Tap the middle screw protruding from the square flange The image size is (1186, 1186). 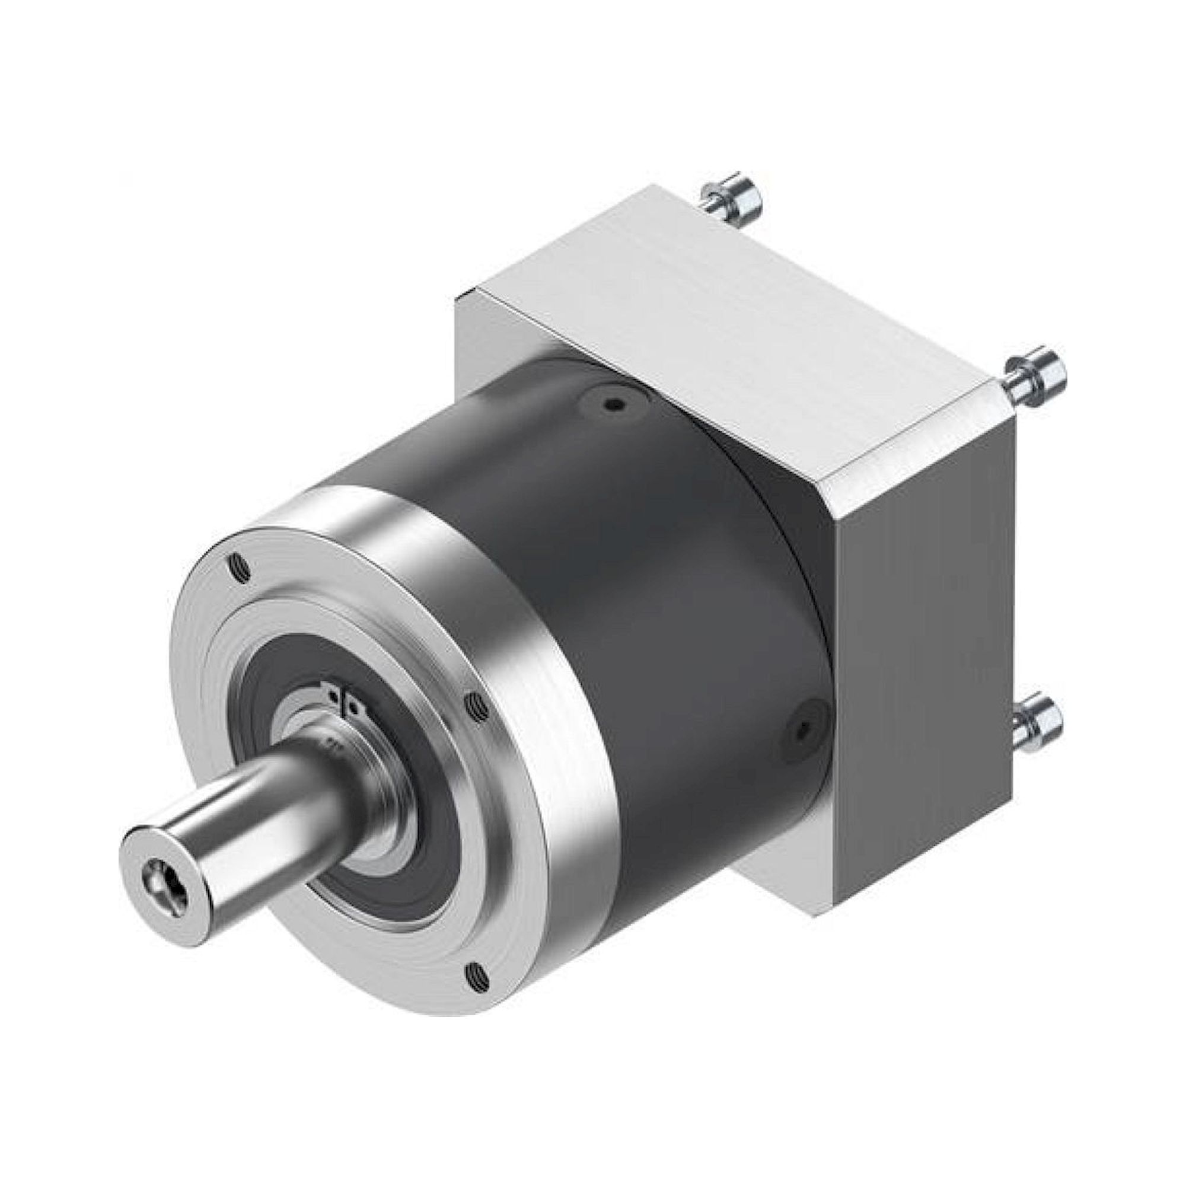(x=1036, y=374)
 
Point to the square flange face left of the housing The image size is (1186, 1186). (x=485, y=350)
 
